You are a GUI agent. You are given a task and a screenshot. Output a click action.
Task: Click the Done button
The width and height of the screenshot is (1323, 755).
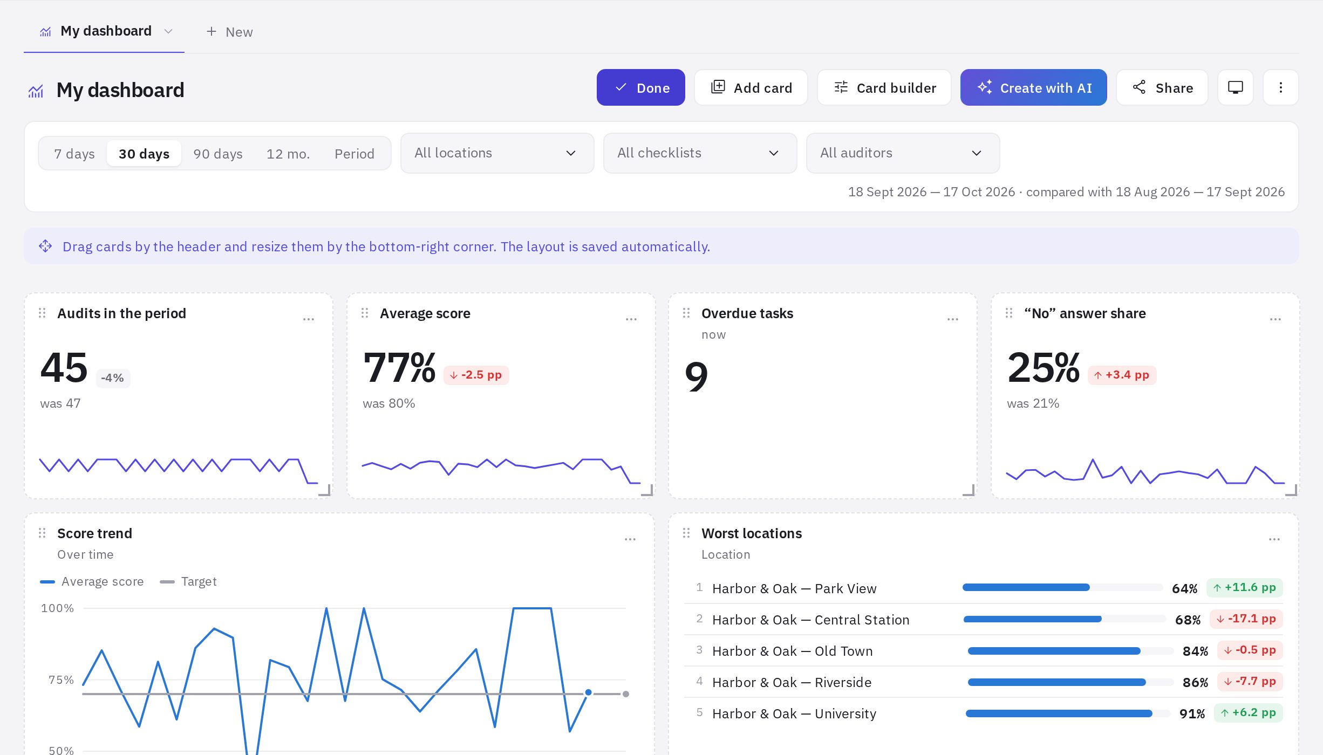pyautogui.click(x=640, y=87)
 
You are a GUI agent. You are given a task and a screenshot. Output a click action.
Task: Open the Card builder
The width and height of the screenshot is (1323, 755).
pyautogui.click(x=884, y=87)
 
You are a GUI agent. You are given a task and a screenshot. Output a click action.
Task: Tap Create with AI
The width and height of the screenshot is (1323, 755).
pyautogui.click(x=1033, y=87)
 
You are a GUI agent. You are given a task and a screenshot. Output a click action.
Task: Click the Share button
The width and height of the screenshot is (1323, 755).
pyautogui.click(x=1162, y=87)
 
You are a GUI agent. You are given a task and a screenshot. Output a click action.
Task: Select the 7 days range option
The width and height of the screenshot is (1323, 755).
pyautogui.click(x=74, y=154)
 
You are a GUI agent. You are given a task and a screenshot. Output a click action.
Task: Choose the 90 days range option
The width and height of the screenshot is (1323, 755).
pyautogui.click(x=218, y=154)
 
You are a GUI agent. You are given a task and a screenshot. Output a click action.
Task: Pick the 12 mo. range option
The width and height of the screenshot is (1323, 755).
pyautogui.click(x=288, y=154)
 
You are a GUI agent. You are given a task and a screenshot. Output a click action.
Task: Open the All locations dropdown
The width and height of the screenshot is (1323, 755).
pyautogui.click(x=497, y=153)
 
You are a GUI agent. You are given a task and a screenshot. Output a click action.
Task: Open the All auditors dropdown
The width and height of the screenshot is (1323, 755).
pyautogui.click(x=903, y=153)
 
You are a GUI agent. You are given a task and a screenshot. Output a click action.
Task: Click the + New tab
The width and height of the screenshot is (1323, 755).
pyautogui.click(x=229, y=32)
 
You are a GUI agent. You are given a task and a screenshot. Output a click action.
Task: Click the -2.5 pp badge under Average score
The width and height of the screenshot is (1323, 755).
pyautogui.click(x=476, y=375)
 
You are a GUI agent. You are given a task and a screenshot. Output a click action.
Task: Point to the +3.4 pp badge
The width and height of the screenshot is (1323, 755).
pyautogui.click(x=1122, y=375)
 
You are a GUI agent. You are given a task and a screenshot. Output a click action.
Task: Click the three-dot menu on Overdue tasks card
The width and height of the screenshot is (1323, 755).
pyautogui.click(x=953, y=319)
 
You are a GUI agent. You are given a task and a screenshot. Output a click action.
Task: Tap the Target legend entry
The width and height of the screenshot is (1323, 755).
pyautogui.click(x=188, y=581)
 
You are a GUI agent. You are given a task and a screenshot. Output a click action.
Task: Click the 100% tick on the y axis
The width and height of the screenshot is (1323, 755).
pyautogui.click(x=57, y=608)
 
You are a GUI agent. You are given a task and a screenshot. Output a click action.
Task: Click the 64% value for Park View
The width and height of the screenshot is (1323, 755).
pyautogui.click(x=1184, y=588)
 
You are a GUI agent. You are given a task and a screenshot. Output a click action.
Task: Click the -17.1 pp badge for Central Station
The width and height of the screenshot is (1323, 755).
pyautogui.click(x=1246, y=619)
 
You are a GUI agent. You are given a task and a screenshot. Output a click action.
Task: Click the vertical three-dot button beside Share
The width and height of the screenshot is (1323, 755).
pyautogui.click(x=1280, y=87)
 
